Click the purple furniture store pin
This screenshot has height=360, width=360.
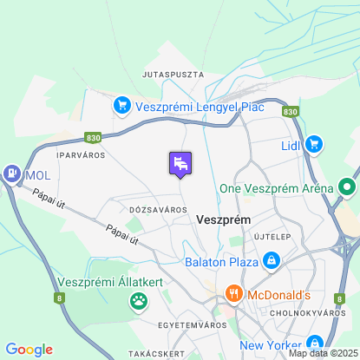click(x=180, y=162)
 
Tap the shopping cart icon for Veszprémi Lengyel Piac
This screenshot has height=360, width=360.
click(x=122, y=106)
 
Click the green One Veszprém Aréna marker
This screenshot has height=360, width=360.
click(x=348, y=187)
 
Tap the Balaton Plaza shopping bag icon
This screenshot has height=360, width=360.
click(x=272, y=259)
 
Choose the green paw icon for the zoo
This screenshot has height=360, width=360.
click(x=139, y=301)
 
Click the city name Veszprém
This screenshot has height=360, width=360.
click(x=224, y=220)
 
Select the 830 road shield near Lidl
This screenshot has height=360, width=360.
click(x=291, y=111)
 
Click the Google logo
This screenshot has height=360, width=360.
click(x=29, y=350)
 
